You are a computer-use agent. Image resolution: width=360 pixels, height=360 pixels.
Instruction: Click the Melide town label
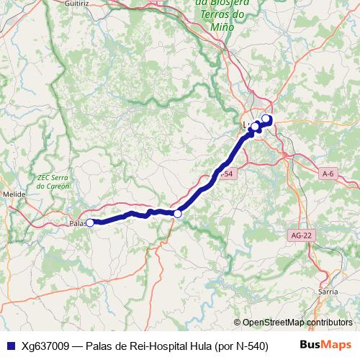click(14, 194)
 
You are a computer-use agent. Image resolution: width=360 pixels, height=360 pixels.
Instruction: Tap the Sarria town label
click(328, 292)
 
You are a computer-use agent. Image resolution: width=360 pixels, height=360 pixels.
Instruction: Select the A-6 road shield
click(328, 174)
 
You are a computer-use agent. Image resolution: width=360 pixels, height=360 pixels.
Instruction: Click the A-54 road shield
click(226, 175)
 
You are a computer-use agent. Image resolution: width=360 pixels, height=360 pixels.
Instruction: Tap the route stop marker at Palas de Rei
click(91, 222)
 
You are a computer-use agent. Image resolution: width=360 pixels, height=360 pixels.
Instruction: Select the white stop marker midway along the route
click(178, 213)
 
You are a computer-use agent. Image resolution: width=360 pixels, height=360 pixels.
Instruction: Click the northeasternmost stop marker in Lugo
click(266, 119)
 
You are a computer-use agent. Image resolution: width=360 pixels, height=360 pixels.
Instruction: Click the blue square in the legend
click(11, 346)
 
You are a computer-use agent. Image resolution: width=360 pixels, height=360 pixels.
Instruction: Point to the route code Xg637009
click(46, 346)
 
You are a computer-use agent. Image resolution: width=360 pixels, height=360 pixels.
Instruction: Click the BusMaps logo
click(326, 345)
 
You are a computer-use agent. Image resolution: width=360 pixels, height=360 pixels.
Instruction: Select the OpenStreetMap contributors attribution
click(297, 322)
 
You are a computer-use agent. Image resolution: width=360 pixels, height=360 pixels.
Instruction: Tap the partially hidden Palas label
click(77, 222)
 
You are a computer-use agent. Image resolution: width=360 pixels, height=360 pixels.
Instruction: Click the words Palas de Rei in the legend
click(116, 346)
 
